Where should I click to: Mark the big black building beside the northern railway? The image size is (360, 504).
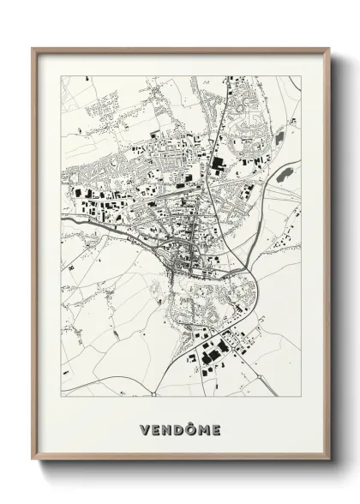215,163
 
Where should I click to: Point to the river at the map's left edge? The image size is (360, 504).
65,218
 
